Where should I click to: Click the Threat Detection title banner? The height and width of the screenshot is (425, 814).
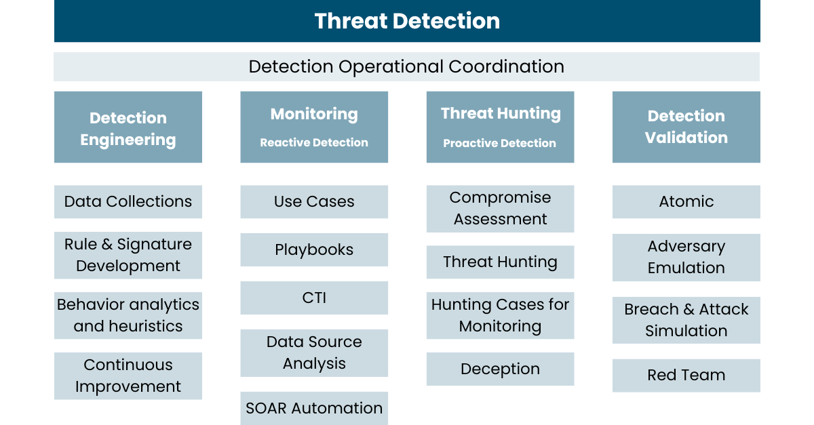(407, 21)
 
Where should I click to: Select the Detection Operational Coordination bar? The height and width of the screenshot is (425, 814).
(406, 67)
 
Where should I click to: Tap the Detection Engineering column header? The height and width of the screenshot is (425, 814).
(128, 127)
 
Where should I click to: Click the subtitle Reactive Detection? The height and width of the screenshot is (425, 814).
(314, 142)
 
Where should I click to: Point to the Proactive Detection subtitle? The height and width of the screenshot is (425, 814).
(500, 143)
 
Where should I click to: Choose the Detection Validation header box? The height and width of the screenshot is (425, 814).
(686, 127)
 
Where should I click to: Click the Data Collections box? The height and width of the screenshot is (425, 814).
(128, 202)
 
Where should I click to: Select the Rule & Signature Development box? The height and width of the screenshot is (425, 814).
(128, 256)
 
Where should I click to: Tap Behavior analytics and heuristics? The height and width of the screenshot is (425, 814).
(128, 316)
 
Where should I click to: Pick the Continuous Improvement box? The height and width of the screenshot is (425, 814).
(128, 376)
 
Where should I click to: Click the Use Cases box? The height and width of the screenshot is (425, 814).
(314, 202)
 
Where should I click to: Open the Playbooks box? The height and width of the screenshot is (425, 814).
(314, 250)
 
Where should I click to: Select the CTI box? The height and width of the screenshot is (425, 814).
(314, 298)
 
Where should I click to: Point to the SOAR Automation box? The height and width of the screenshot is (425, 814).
(314, 408)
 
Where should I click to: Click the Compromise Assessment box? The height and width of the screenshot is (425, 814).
(500, 209)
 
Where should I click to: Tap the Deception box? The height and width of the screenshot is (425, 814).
(500, 369)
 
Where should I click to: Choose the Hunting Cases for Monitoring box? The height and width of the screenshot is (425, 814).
(500, 316)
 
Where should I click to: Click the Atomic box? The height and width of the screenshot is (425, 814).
(686, 202)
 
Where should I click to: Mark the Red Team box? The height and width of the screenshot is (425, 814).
(686, 376)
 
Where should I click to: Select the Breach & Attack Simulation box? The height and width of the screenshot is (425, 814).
(686, 321)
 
